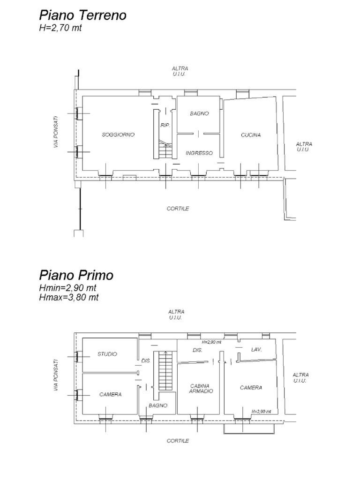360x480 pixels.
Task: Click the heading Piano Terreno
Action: tap(82, 15)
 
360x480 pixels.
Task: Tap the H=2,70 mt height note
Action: tap(60, 28)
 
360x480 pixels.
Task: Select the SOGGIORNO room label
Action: tap(118, 135)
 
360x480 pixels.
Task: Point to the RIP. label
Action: tap(165, 126)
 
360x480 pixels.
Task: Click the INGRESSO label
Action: tap(199, 153)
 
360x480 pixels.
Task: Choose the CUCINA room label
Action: tap(251, 135)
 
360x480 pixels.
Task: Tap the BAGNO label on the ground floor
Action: tap(199, 114)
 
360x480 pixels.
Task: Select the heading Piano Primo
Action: tap(76, 275)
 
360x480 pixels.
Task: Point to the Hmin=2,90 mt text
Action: tap(67, 288)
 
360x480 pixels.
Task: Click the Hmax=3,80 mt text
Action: tap(68, 297)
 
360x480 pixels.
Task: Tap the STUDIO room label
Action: tap(107, 354)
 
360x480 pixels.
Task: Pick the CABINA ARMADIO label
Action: tap(202, 389)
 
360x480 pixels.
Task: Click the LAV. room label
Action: tap(256, 350)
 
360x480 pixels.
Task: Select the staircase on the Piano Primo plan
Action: tap(165, 370)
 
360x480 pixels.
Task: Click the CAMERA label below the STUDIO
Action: tap(110, 395)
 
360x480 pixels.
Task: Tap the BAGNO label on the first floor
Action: tap(158, 405)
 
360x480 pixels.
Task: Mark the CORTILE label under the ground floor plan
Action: tap(178, 209)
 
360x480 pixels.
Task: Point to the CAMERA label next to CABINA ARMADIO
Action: tap(251, 388)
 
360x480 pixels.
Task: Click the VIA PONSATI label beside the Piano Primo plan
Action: tap(56, 375)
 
